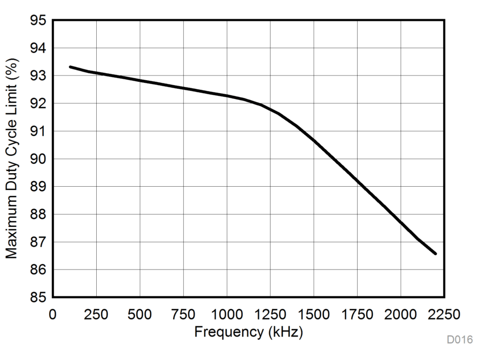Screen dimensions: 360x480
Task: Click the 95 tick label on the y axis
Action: (39, 21)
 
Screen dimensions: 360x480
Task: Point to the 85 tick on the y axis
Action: (39, 297)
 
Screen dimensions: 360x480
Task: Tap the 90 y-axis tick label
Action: (39, 159)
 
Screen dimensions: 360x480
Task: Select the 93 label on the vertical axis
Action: (39, 76)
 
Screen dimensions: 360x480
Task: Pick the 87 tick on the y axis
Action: (39, 242)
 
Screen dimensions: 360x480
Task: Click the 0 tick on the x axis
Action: (52, 313)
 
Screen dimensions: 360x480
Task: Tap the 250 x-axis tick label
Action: (96, 313)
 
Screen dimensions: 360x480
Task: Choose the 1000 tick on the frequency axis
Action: (227, 313)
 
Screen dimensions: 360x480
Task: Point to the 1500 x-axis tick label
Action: (314, 313)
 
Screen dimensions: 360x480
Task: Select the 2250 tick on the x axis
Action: (444, 313)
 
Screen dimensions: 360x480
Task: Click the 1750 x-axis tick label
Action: (357, 313)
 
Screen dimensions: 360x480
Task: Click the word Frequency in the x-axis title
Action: (228, 332)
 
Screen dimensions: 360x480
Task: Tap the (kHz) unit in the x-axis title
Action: (284, 332)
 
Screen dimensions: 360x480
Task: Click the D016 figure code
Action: (460, 340)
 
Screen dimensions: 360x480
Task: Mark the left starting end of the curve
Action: (70, 67)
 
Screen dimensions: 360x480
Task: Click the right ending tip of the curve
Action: (436, 254)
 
